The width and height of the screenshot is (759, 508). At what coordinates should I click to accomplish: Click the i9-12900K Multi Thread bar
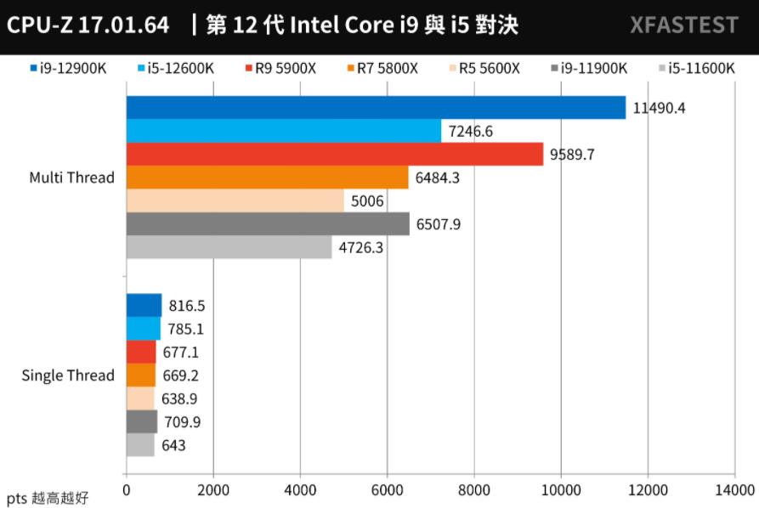[376, 108]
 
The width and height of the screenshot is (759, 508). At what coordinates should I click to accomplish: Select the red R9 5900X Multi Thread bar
[335, 155]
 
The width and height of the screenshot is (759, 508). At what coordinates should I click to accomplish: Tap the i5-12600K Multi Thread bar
[284, 131]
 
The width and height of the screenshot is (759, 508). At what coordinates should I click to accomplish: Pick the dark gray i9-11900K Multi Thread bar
[268, 224]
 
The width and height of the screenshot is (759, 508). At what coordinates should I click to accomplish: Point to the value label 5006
[366, 201]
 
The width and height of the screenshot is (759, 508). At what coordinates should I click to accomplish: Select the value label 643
[174, 445]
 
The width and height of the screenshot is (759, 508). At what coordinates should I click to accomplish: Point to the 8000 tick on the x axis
[473, 490]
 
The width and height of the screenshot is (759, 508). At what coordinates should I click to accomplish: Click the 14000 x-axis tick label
[734, 490]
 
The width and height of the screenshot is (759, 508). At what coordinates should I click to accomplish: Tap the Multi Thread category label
[71, 178]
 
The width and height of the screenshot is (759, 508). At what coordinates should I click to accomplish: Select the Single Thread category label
[68, 375]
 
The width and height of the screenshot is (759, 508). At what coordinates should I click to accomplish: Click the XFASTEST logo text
[684, 25]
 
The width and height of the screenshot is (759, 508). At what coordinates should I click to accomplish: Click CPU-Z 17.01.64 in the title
[88, 25]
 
